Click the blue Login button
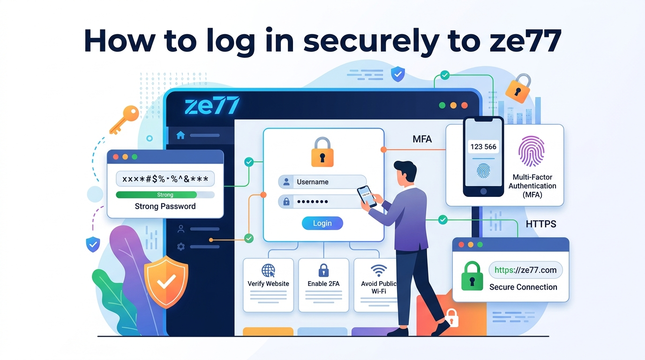322,223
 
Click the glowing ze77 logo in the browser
212,105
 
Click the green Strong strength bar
157,195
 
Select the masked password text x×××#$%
165,179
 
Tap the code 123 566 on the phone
483,147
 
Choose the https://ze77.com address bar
525,270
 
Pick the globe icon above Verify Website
268,271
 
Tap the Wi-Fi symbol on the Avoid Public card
378,270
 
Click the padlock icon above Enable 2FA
323,270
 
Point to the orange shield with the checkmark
165,281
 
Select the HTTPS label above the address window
541,224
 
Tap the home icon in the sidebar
180,135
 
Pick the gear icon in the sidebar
180,247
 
